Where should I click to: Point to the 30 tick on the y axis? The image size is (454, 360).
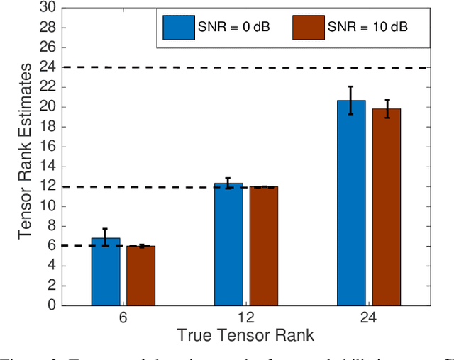pyautogui.click(x=46, y=8)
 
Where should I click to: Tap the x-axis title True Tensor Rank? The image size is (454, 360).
pyautogui.click(x=245, y=334)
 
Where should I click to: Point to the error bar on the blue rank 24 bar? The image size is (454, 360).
pyautogui.click(x=351, y=100)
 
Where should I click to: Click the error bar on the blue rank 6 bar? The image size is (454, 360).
pyautogui.click(x=106, y=237)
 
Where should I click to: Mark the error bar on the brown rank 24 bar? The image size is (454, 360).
pyautogui.click(x=386, y=108)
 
